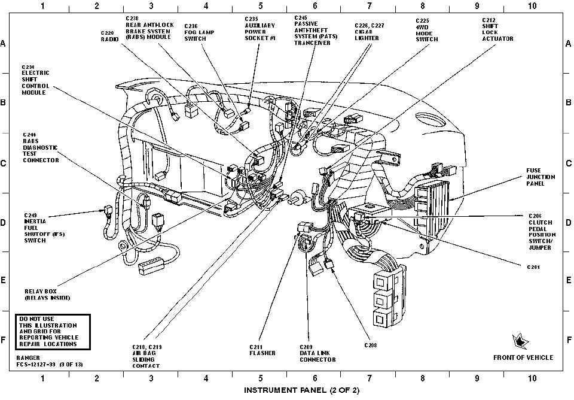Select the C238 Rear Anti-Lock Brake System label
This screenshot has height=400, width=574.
pyautogui.click(x=149, y=28)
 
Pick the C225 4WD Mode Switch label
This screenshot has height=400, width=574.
pyautogui.click(x=426, y=30)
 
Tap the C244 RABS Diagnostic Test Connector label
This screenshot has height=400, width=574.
pyautogui.click(x=41, y=147)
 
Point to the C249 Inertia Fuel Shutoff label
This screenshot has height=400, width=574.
pyautogui.click(x=45, y=227)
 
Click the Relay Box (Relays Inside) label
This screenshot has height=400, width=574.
pyautogui.click(x=47, y=293)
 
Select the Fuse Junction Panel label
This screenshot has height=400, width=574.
pyautogui.click(x=541, y=177)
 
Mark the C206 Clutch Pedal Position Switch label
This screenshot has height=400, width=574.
pyautogui.click(x=542, y=231)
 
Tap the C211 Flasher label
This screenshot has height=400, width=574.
pyautogui.click(x=262, y=350)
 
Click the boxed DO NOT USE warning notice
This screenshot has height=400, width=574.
pyautogui.click(x=53, y=331)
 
